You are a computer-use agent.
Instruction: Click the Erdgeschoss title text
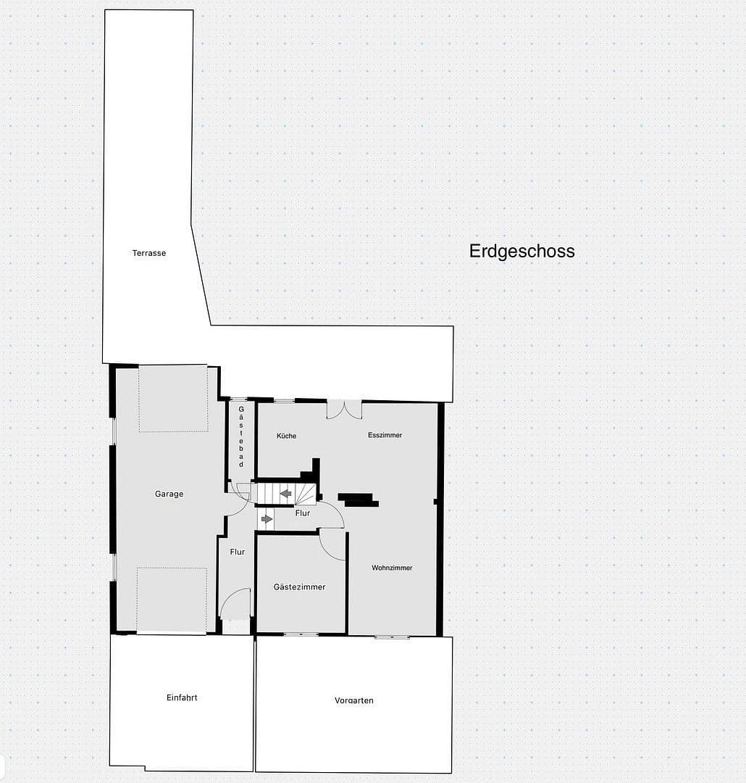pos(521,251)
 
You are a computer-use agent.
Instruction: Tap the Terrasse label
pos(149,253)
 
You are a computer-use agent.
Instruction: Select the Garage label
pos(169,494)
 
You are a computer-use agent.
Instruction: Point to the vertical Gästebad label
pos(241,436)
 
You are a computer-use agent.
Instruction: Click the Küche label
pos(286,436)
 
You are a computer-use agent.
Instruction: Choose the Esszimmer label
pos(385,435)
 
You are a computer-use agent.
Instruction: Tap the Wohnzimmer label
pos(392,568)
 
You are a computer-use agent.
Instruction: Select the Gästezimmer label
pos(299,587)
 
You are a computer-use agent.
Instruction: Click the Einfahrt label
pos(182,697)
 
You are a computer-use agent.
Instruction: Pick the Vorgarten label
pos(354,700)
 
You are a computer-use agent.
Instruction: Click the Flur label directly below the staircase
pos(303,513)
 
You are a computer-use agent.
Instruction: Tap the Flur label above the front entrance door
pos(238,552)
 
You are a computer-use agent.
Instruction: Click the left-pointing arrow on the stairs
pos(286,494)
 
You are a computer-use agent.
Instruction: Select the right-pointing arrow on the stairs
pos(267,518)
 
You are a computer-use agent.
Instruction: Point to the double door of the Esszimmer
pos(344,410)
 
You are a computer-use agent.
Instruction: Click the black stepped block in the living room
pos(358,500)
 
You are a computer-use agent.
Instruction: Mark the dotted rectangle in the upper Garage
pos(173,399)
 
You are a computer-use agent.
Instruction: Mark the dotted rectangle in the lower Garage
pos(172,599)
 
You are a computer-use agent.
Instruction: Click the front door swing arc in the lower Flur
pos(235,602)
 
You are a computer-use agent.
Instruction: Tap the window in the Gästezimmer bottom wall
pos(300,634)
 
